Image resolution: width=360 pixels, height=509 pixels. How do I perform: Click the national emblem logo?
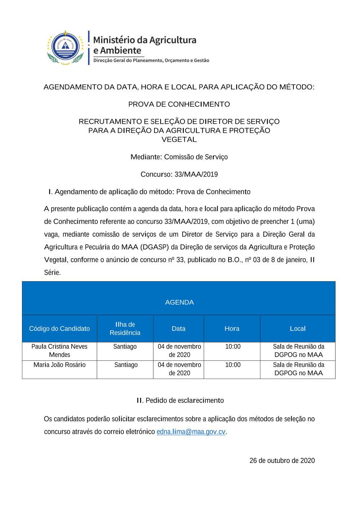click(x=66, y=47)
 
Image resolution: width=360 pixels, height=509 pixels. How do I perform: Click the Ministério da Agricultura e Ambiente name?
click(x=145, y=45)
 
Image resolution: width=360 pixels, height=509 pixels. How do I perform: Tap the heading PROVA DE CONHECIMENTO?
click(x=179, y=104)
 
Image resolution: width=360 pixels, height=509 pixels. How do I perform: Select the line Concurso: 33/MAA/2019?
click(x=179, y=174)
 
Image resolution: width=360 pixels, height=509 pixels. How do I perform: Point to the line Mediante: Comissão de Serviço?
click(x=179, y=157)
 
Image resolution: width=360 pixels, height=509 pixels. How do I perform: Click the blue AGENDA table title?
click(x=179, y=302)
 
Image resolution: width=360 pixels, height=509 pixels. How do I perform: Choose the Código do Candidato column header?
click(x=59, y=328)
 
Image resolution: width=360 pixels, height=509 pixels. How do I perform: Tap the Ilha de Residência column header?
click(x=125, y=328)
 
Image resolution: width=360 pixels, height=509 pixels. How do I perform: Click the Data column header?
click(x=179, y=328)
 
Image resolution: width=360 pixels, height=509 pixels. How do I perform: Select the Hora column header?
click(x=232, y=328)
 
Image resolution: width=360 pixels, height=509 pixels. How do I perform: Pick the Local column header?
click(x=298, y=328)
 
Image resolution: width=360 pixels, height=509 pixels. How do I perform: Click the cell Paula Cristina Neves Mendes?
click(x=59, y=351)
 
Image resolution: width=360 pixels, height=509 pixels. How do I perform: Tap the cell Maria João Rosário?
click(x=59, y=365)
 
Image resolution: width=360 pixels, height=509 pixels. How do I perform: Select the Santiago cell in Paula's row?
click(x=125, y=346)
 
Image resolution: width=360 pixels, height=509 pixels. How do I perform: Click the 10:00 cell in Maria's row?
click(x=233, y=365)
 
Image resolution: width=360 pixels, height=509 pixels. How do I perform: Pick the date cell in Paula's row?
click(x=179, y=351)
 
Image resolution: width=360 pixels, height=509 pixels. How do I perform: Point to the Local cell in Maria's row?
click(x=298, y=369)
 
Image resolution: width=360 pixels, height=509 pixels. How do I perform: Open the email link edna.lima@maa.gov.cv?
click(x=191, y=432)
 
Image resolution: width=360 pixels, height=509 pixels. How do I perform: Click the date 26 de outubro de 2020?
click(x=282, y=460)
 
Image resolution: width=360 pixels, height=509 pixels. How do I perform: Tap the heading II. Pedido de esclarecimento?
click(x=180, y=400)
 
